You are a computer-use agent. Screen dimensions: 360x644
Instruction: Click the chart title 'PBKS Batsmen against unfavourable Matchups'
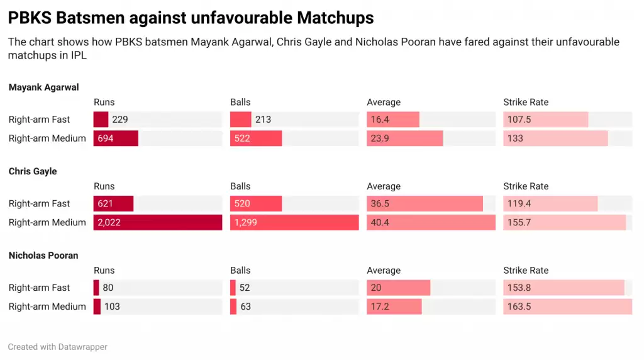click(x=191, y=18)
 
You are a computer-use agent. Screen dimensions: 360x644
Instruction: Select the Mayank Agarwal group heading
click(x=43, y=87)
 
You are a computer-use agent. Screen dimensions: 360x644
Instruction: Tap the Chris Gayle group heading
click(x=33, y=171)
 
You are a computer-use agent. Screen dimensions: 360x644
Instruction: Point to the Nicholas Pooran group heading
click(x=43, y=256)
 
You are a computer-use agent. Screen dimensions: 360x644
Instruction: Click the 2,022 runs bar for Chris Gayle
click(x=158, y=222)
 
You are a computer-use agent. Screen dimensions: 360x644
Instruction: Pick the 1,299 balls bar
click(x=294, y=222)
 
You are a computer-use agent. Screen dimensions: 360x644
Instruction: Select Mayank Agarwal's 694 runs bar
click(x=116, y=138)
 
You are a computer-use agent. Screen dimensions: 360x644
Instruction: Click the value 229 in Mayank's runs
click(x=120, y=120)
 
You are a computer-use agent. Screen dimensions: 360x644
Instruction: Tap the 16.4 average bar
click(x=393, y=120)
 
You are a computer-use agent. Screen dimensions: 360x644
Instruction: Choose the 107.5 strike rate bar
click(x=546, y=120)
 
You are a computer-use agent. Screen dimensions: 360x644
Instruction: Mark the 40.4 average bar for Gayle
click(x=431, y=222)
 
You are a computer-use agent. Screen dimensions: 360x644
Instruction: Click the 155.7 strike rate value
click(x=519, y=222)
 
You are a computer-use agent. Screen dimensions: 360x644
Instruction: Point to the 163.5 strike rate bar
click(x=567, y=307)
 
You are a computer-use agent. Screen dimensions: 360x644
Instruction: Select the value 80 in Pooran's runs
click(x=108, y=288)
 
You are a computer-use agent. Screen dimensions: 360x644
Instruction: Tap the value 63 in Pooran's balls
click(x=245, y=307)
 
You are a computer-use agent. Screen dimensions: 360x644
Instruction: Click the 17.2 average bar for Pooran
click(x=394, y=307)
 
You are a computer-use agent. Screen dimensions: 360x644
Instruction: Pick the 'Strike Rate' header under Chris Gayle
click(x=526, y=186)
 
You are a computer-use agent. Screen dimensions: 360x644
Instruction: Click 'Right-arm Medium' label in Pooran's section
click(x=47, y=307)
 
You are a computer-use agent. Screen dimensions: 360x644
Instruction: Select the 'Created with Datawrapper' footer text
click(x=57, y=347)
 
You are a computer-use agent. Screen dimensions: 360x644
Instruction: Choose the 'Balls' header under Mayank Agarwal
click(x=240, y=103)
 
